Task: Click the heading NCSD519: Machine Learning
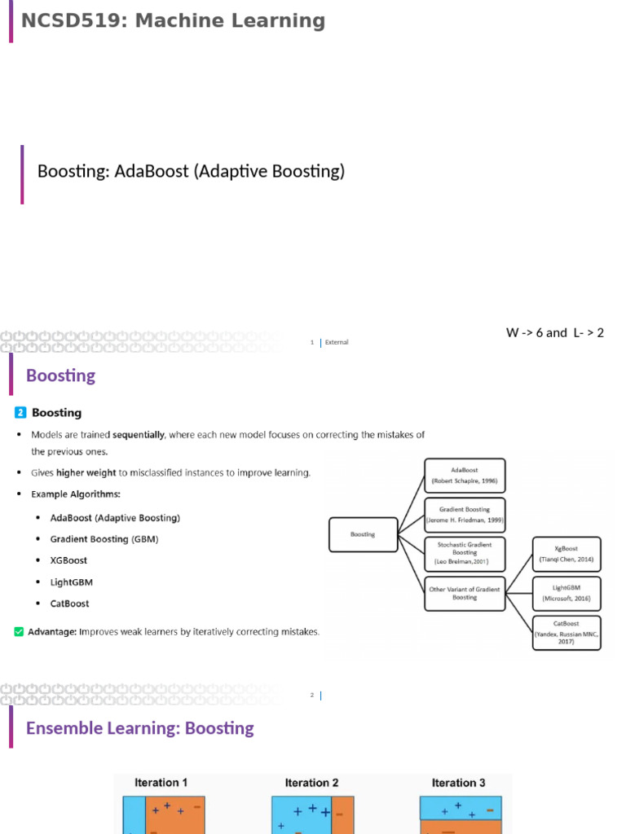(173, 21)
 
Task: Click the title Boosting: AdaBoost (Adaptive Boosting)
(192, 171)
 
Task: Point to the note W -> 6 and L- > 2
(555, 332)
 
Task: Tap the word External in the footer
(337, 342)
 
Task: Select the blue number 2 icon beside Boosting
(20, 413)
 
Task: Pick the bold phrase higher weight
(82, 472)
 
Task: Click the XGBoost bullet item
(68, 560)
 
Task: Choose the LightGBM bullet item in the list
(72, 582)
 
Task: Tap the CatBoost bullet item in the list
(70, 604)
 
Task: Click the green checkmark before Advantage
(19, 631)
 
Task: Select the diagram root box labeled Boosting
(363, 534)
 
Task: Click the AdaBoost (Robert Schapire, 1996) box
(465, 476)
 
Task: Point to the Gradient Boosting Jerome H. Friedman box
(465, 515)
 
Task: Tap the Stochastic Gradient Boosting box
(465, 554)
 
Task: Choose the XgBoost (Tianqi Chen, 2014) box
(566, 555)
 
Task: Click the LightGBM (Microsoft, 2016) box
(566, 593)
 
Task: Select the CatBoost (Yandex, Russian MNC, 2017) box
(566, 633)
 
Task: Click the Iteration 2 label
(312, 783)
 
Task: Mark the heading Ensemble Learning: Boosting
(140, 728)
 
